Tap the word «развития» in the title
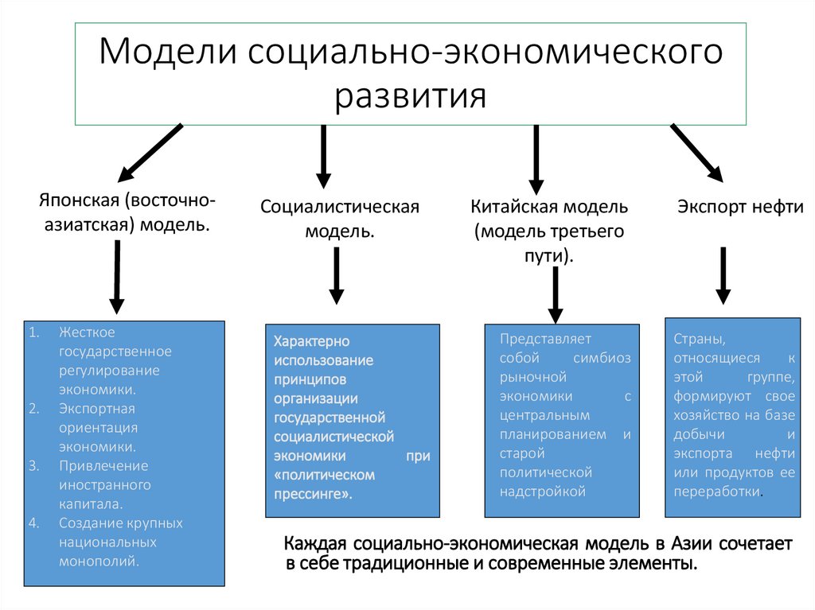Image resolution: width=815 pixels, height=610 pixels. point(410,96)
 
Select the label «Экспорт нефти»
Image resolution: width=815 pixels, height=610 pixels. point(740,207)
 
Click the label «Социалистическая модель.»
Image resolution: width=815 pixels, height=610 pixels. point(340,219)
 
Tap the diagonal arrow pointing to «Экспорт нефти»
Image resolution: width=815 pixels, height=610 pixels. point(696,152)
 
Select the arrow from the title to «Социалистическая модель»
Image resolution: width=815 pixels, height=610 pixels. point(323,156)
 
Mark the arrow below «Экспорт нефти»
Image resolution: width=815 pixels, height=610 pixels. point(723,275)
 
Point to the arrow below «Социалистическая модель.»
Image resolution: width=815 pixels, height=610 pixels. point(337,275)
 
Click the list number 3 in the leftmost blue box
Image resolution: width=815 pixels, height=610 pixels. point(33,465)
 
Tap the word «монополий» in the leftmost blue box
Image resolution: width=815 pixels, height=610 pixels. point(98,561)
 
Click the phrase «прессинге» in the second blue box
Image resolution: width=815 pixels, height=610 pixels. point(314,494)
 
